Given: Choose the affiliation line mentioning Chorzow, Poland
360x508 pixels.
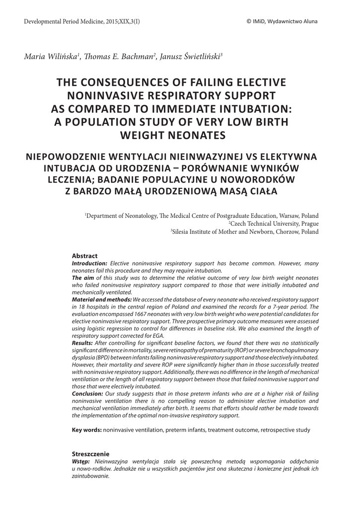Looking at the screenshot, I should click(x=245, y=231).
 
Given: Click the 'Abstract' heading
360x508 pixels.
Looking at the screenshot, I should click(x=85, y=255).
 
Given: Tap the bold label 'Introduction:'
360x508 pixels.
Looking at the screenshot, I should click(x=89, y=263).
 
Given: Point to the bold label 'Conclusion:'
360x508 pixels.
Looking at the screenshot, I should click(x=87, y=393).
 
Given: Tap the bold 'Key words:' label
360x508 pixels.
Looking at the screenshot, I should click(x=87, y=430).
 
